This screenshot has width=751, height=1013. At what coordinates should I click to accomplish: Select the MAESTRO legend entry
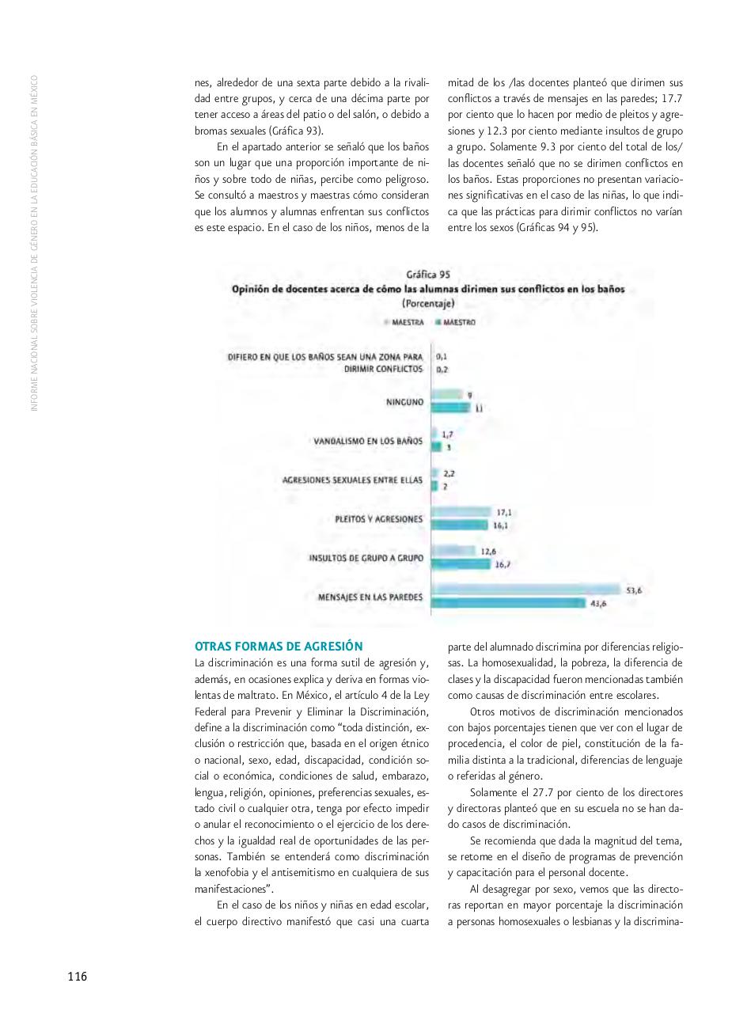coord(459,323)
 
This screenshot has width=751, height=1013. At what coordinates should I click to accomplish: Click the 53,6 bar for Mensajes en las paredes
coord(526,590)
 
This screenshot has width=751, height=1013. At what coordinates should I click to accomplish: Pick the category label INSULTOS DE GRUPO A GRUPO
coord(366,558)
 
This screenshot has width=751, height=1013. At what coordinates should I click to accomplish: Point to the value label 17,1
coord(504,513)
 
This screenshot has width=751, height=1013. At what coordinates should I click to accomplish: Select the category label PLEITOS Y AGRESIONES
coord(379,519)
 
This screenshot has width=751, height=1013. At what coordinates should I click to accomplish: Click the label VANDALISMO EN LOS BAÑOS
coord(368,441)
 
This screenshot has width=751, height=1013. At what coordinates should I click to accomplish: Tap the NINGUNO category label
coord(404,402)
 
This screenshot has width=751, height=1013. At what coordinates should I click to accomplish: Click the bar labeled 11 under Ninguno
coord(451,408)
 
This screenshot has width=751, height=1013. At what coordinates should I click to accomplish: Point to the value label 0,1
coord(442,357)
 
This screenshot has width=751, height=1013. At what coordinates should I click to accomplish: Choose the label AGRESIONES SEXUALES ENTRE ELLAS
coord(352,480)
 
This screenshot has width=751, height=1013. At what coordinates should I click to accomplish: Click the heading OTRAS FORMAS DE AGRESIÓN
coord(279,646)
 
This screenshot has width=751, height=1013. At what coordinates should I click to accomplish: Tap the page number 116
coord(77,977)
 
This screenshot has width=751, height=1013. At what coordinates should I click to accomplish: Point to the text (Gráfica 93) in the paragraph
coord(295,131)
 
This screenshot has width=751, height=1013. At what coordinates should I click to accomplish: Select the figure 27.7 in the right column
coord(547,792)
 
